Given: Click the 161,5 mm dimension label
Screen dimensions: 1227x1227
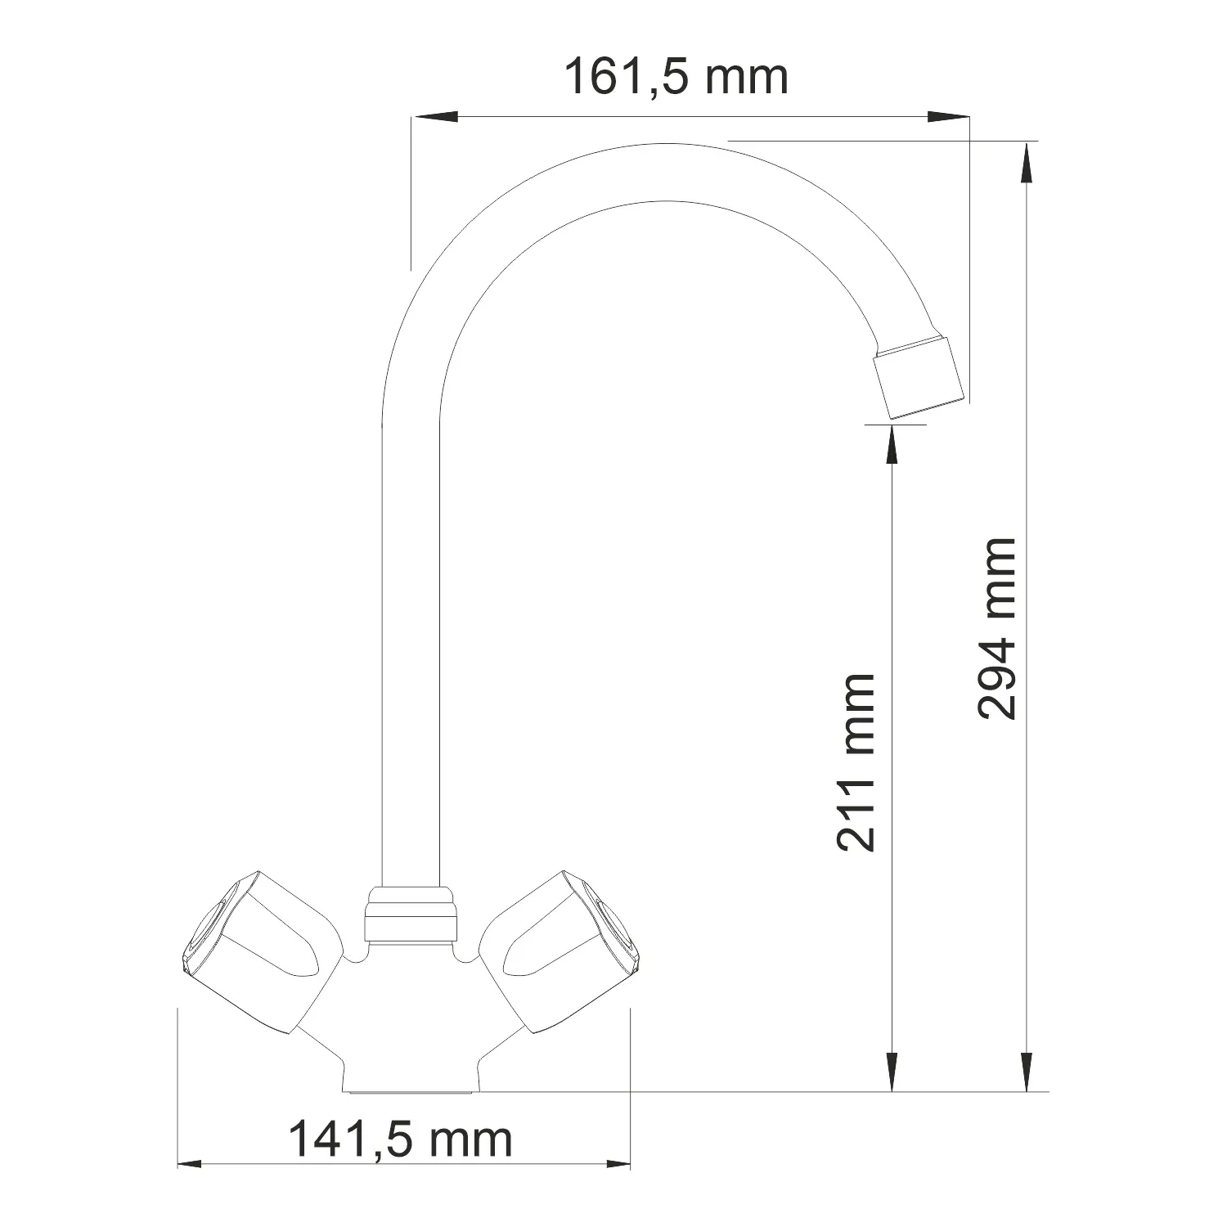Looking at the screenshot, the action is point(676,79).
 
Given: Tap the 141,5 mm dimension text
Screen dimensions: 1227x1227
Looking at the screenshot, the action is point(400,1139).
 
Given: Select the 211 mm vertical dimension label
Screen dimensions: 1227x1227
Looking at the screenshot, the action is point(856,762).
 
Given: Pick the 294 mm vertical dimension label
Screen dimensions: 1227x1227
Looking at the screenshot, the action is point(997,628).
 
